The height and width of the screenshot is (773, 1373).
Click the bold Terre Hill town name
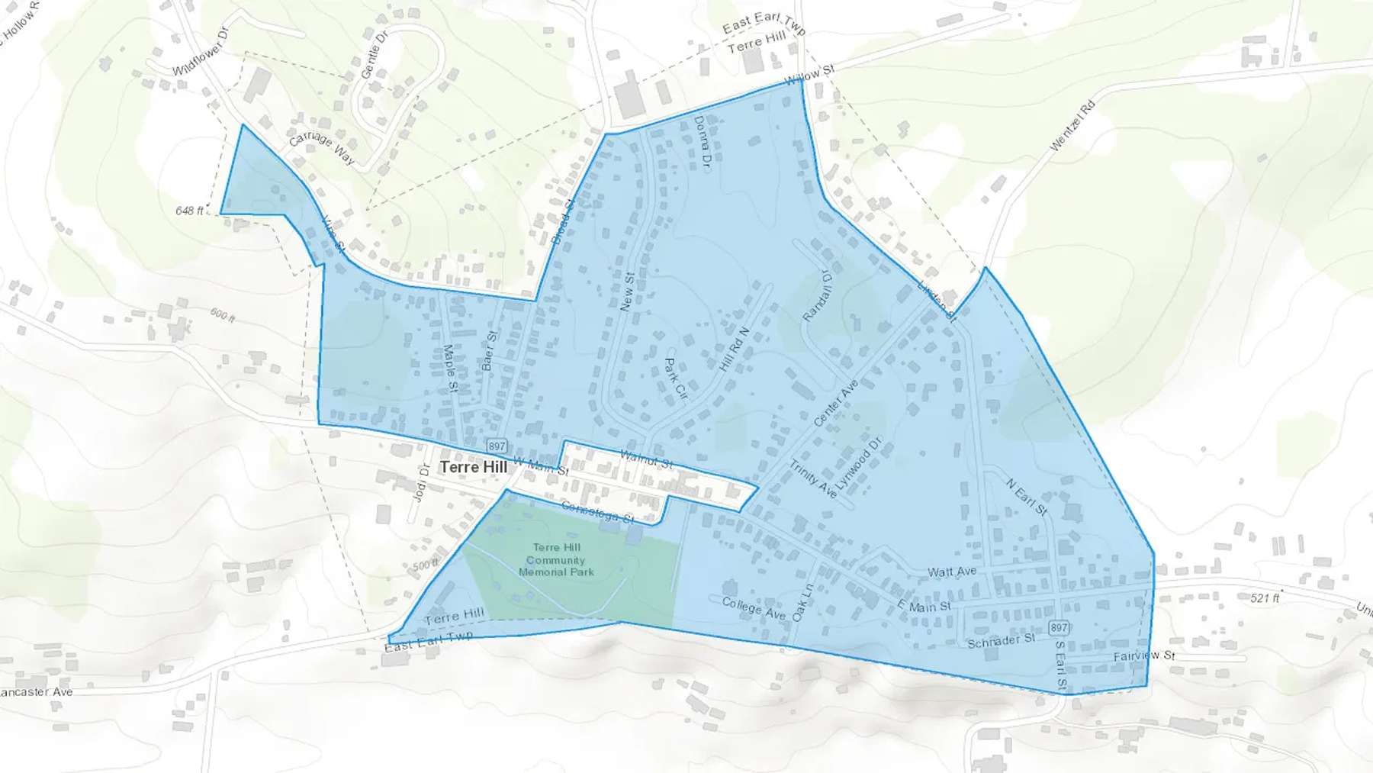[x=474, y=467]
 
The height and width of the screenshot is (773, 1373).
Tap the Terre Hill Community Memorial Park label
[x=556, y=559]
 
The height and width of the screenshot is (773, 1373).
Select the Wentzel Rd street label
[x=1072, y=126]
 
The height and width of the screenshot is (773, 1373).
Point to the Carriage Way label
[x=322, y=148]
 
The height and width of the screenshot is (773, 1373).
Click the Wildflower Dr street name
[x=201, y=52]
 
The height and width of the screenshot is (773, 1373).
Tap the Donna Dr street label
[x=703, y=143]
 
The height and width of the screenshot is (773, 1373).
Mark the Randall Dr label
[x=818, y=295]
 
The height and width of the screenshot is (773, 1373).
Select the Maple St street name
[x=450, y=370]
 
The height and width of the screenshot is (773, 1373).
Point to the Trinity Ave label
[x=812, y=479]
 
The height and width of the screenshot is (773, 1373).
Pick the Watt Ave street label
[x=952, y=572]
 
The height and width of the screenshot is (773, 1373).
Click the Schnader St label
[x=1001, y=641]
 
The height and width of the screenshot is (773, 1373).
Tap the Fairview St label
[x=1143, y=655]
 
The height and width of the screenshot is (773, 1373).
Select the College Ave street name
[x=754, y=608]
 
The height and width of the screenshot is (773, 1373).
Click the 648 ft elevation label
[x=190, y=211]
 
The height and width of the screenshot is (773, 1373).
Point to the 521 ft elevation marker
[x=1265, y=598]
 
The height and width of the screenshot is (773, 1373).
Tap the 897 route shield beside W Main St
[x=497, y=446]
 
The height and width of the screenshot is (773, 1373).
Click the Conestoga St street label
[x=597, y=512]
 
